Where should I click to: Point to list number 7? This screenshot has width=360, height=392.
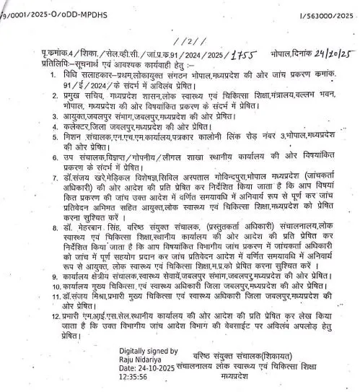[x=44, y=178]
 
